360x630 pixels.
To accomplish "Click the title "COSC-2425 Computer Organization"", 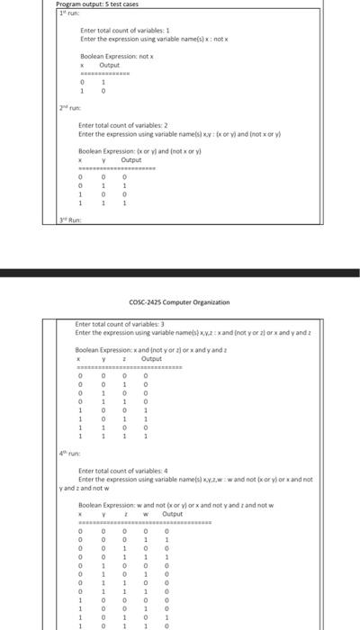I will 179,301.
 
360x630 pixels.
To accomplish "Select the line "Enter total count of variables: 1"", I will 119,31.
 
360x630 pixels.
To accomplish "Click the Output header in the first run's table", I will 109,65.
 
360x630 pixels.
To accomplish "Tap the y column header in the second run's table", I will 103,159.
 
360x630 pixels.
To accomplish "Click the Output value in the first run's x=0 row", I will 103,83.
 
